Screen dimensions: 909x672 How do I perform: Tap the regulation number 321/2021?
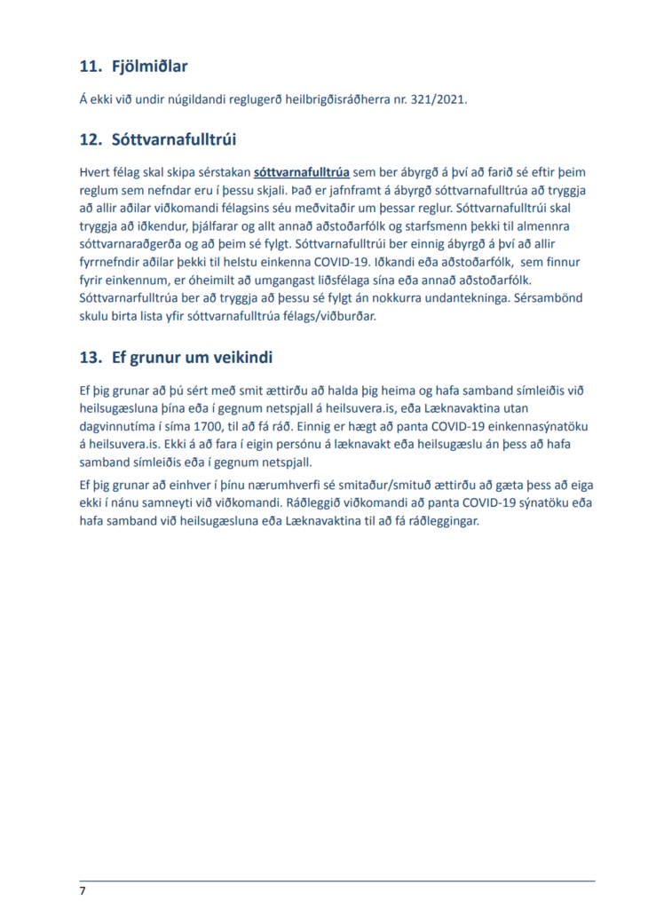click(435, 99)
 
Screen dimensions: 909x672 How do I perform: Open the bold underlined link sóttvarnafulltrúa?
click(302, 171)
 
